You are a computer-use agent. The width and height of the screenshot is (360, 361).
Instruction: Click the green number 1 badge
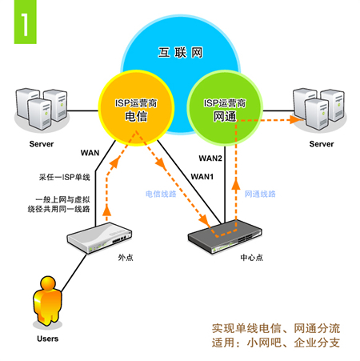[x=25, y=22]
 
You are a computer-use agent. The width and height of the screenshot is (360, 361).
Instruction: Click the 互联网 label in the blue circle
[x=180, y=53]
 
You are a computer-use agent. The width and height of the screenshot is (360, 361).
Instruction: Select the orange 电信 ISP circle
[x=136, y=108]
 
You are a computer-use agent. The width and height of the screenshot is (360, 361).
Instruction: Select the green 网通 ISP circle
[x=225, y=108]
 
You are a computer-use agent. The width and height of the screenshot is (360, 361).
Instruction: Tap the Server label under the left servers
[x=42, y=144]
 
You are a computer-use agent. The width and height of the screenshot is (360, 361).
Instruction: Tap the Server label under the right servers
[x=322, y=144]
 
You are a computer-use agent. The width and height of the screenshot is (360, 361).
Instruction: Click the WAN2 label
[x=210, y=158]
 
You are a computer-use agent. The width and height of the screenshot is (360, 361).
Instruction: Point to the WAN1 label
[x=202, y=177]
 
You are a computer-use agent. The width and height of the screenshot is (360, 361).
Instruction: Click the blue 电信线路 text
[x=161, y=194]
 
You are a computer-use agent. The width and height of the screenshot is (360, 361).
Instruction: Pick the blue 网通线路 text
[x=260, y=194]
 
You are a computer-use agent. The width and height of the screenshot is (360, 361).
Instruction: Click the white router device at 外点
[x=99, y=238]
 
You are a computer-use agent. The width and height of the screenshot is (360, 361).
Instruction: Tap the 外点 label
[x=126, y=258]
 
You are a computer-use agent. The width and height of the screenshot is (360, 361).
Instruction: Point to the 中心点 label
[x=251, y=258]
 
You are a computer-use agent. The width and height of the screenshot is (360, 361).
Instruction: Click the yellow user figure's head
[x=48, y=283]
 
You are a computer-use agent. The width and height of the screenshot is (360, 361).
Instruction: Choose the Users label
[x=48, y=339]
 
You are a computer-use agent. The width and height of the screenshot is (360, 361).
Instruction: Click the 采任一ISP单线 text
[x=65, y=177]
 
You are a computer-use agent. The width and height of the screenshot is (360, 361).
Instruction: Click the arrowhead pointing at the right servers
[x=296, y=120]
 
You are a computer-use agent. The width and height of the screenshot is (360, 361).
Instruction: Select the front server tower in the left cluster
[x=40, y=114]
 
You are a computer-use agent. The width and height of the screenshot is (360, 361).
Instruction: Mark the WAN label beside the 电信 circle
[x=90, y=153]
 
